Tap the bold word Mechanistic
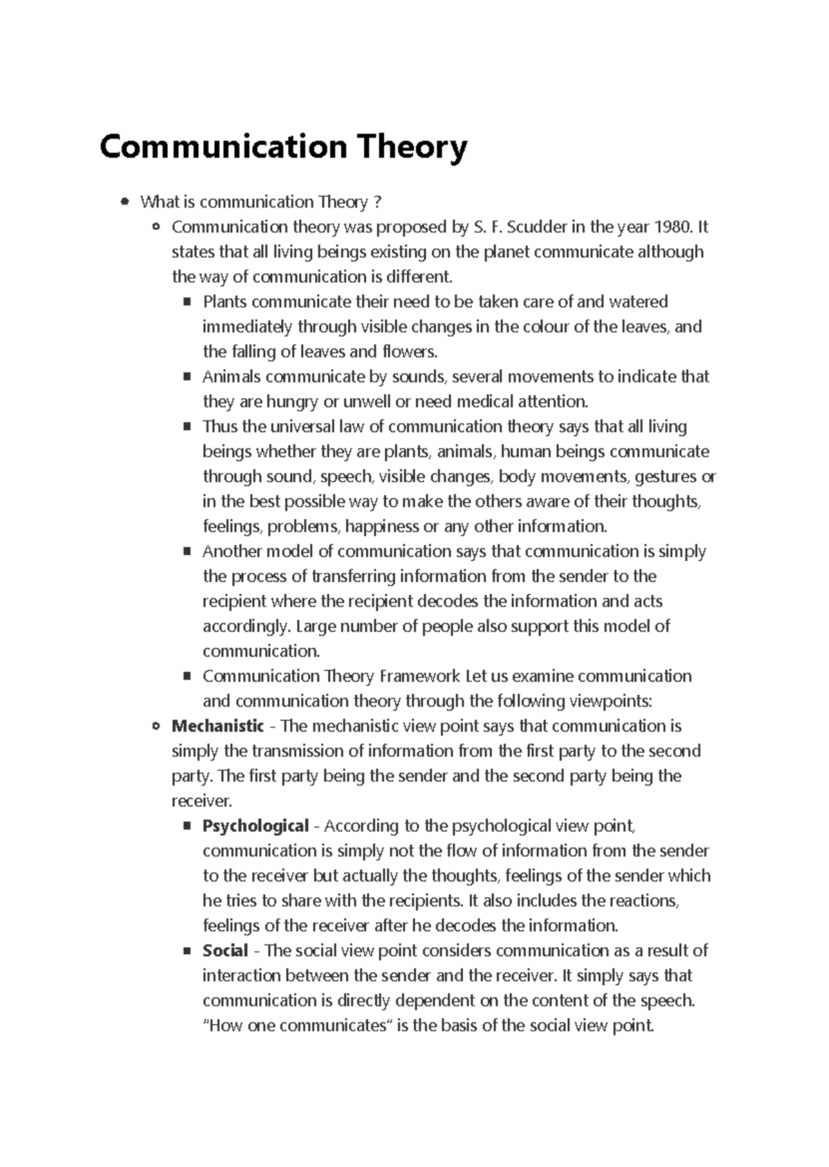[218, 726]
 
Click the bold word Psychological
[256, 825]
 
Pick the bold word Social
[225, 951]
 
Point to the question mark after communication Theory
[377, 202]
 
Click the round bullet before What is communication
[124, 202]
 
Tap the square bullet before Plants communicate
[187, 302]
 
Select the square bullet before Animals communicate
[187, 377]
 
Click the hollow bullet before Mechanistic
[155, 726]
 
